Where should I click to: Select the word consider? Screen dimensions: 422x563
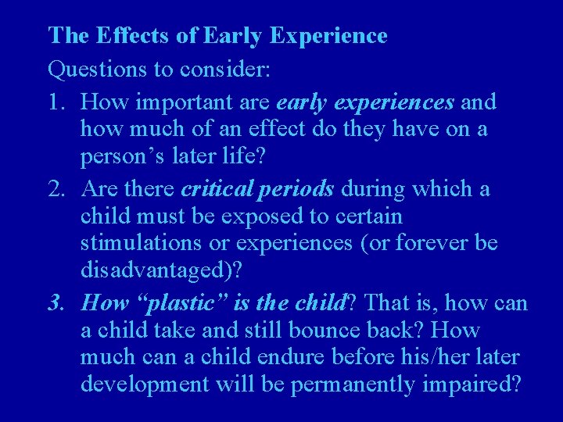click(225, 70)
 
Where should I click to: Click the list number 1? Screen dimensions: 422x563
click(56, 102)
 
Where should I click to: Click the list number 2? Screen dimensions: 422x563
click(56, 189)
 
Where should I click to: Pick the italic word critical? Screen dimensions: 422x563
click(218, 189)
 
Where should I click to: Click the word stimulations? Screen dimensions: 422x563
click(142, 243)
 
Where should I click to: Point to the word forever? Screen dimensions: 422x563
click(429, 243)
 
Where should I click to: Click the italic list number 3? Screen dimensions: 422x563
click(56, 302)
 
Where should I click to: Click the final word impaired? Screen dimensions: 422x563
click(475, 384)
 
